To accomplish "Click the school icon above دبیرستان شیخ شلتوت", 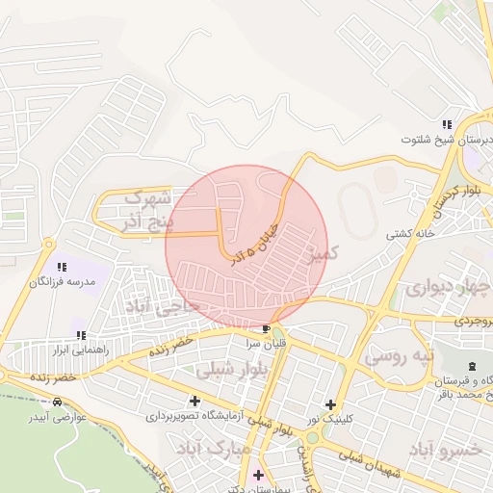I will click(446, 124).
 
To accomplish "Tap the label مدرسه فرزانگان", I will click(64, 281).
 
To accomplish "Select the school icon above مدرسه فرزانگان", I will click(62, 266).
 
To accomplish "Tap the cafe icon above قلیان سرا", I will click(266, 329).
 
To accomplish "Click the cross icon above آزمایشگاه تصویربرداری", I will click(195, 401).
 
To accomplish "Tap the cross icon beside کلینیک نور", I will click(331, 405).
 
